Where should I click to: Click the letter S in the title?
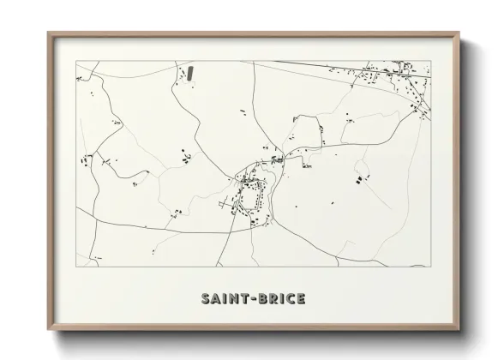(206, 299)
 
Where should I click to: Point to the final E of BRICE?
(300, 299)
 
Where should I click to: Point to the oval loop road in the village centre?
(249, 200)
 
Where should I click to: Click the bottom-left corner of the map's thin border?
(76, 267)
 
